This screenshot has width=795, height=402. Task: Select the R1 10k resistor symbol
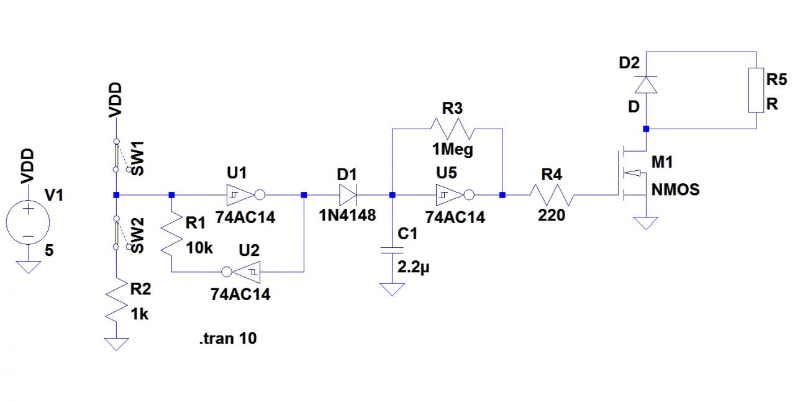(171, 234)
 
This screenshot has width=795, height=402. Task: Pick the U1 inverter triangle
(240, 195)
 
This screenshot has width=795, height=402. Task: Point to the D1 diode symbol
(347, 195)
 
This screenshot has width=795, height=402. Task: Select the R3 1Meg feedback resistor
(452, 129)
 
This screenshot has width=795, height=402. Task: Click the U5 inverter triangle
(448, 195)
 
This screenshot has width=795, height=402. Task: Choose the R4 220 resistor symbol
(551, 195)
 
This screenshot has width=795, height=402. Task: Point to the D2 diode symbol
(646, 84)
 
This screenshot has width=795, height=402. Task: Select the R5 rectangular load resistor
(755, 90)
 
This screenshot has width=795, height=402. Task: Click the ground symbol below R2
(116, 344)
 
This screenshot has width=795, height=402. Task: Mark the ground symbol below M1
(646, 222)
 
